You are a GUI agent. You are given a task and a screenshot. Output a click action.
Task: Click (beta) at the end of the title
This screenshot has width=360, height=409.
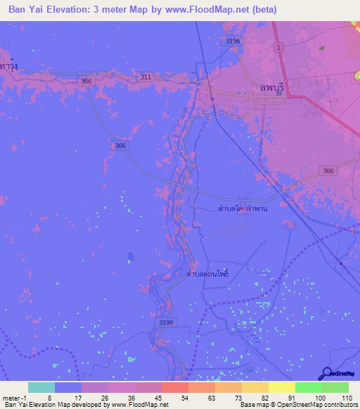(x=264, y=10)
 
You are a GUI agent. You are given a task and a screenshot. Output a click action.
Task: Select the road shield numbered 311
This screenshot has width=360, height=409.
(x=146, y=76)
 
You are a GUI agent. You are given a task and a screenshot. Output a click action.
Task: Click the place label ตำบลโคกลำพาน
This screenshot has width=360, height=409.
(x=243, y=208)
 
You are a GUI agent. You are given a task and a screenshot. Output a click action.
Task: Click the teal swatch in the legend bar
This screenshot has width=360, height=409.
(x=41, y=387)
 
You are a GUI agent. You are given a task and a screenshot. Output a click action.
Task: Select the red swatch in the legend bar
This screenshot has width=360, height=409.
(x=175, y=387)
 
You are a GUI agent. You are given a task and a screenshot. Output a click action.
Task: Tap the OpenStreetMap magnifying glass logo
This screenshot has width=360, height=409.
(x=326, y=373)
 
